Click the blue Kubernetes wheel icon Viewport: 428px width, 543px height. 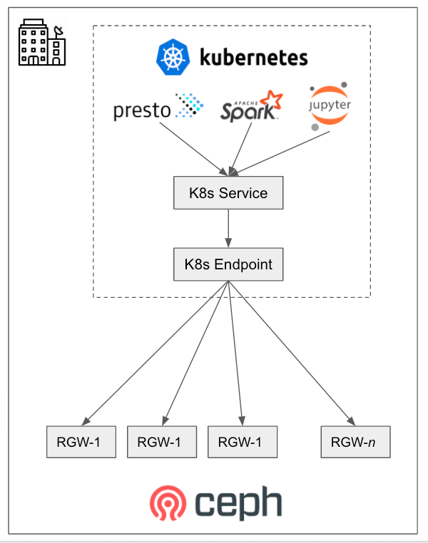(x=173, y=58)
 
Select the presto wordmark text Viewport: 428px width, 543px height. (x=143, y=110)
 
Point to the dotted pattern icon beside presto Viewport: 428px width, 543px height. (x=190, y=105)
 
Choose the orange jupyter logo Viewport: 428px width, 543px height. (x=330, y=107)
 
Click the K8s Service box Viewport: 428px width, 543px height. (x=228, y=193)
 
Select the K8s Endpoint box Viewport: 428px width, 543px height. (x=228, y=264)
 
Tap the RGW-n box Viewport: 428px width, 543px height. (x=356, y=442)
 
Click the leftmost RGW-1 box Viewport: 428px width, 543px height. (x=81, y=442)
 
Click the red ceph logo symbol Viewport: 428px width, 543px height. (x=168, y=503)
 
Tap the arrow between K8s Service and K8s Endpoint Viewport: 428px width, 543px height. (x=228, y=229)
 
